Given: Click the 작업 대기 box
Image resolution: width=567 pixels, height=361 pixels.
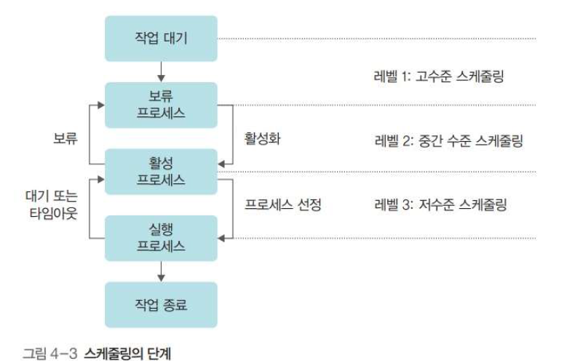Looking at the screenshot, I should click(x=161, y=39).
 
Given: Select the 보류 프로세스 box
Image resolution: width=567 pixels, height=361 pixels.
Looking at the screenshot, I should click(x=161, y=104).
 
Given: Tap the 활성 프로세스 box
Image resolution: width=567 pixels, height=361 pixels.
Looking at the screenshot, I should click(x=161, y=171).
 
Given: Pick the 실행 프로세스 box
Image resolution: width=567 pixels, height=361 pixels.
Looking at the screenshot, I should click(x=161, y=238).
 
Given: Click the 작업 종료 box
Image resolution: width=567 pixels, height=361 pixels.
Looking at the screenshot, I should click(x=161, y=304).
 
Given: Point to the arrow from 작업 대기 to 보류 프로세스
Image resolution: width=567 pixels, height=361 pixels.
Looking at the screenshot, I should click(x=161, y=71).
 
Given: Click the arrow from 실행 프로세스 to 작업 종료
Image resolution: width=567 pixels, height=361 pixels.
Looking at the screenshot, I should click(x=161, y=271).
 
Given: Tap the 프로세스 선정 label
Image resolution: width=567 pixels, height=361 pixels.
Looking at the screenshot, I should click(x=282, y=205).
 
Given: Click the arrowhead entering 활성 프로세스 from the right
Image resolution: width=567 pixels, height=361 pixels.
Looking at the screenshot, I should click(x=221, y=164).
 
